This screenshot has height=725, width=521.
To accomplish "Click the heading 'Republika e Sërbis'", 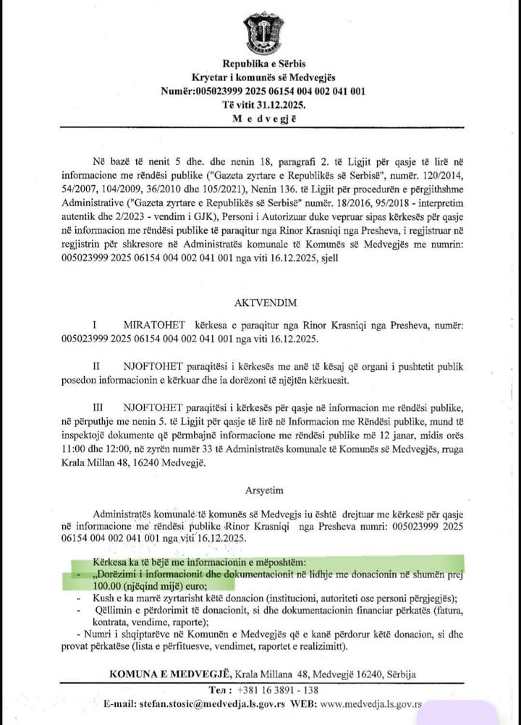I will (x=258, y=65).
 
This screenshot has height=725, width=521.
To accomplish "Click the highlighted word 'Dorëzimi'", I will (x=119, y=574).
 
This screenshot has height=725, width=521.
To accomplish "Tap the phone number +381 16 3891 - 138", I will (x=279, y=690).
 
